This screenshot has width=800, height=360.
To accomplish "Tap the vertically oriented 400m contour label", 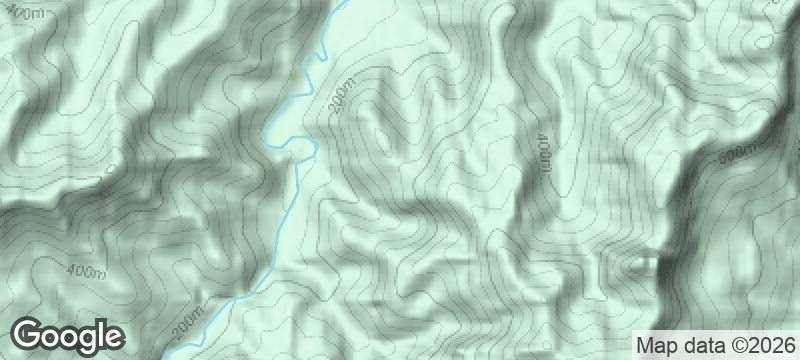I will point(543,157).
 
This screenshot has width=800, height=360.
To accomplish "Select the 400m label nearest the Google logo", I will point(87,272).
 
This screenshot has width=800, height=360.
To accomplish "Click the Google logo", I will point(68,335).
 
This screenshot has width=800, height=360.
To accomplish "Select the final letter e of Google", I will point(112,336).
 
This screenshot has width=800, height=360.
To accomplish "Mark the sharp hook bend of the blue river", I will point(313,148).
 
